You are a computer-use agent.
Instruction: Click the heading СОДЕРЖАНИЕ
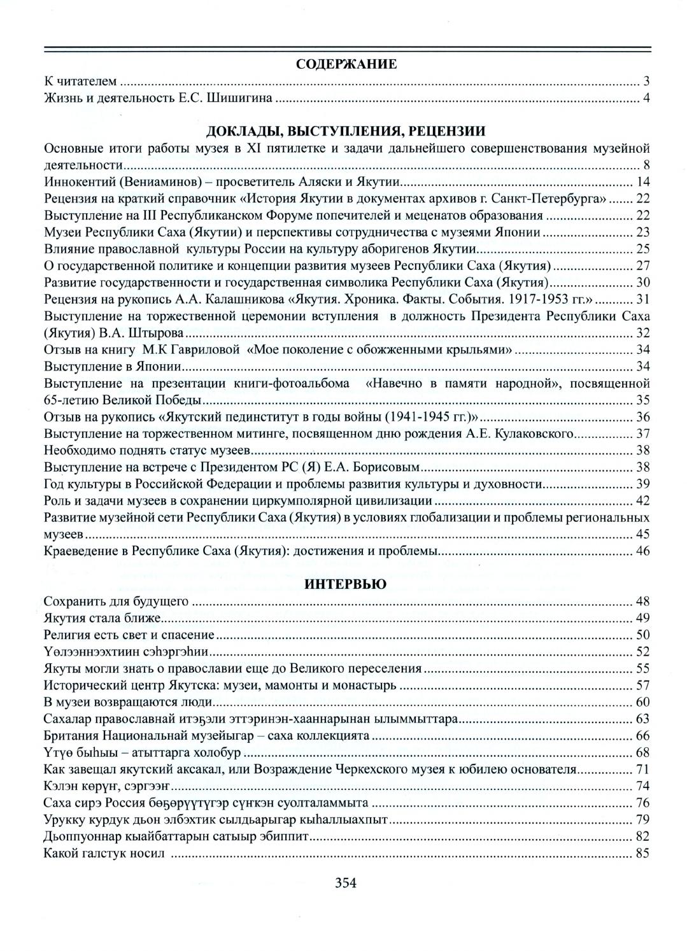pos(347,64)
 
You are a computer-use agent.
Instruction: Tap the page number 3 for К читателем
pos(646,81)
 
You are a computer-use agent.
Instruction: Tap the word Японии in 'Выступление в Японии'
pos(163,367)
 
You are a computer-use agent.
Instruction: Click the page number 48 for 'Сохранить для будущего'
pos(642,602)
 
